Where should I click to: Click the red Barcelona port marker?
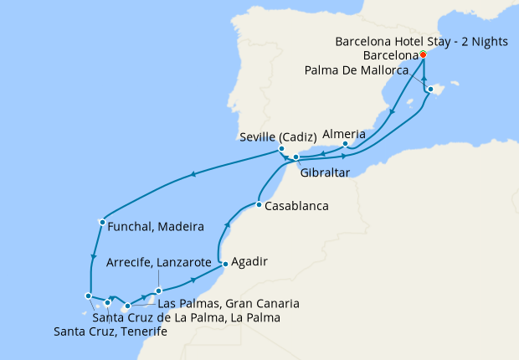[423, 54]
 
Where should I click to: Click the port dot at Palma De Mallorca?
[430, 89]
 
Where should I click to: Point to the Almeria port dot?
[345, 145]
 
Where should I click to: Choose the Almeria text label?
[344, 133]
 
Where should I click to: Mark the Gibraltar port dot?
[296, 157]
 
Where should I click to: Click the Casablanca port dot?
[259, 205]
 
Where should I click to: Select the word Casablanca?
[296, 205]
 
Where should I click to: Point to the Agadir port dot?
[224, 265]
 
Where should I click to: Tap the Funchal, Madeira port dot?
[101, 222]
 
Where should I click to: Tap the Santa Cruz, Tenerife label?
[110, 332]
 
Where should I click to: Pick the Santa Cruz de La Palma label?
[186, 317]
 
